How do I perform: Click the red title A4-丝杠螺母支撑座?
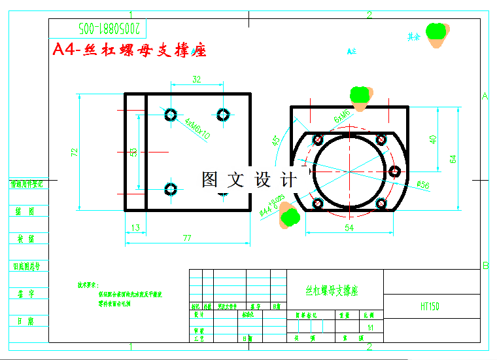click(129, 50)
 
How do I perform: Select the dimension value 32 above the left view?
click(196, 79)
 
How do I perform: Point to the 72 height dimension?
click(75, 152)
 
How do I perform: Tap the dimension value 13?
click(135, 228)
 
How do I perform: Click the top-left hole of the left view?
click(171, 115)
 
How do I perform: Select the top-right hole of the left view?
click(224, 115)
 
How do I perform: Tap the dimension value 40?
click(433, 139)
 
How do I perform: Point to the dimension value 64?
click(453, 158)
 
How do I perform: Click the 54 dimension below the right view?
click(349, 227)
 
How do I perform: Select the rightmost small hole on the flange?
click(395, 171)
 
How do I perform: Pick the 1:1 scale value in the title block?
click(371, 327)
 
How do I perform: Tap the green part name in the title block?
click(332, 290)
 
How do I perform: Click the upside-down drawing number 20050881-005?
click(109, 29)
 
